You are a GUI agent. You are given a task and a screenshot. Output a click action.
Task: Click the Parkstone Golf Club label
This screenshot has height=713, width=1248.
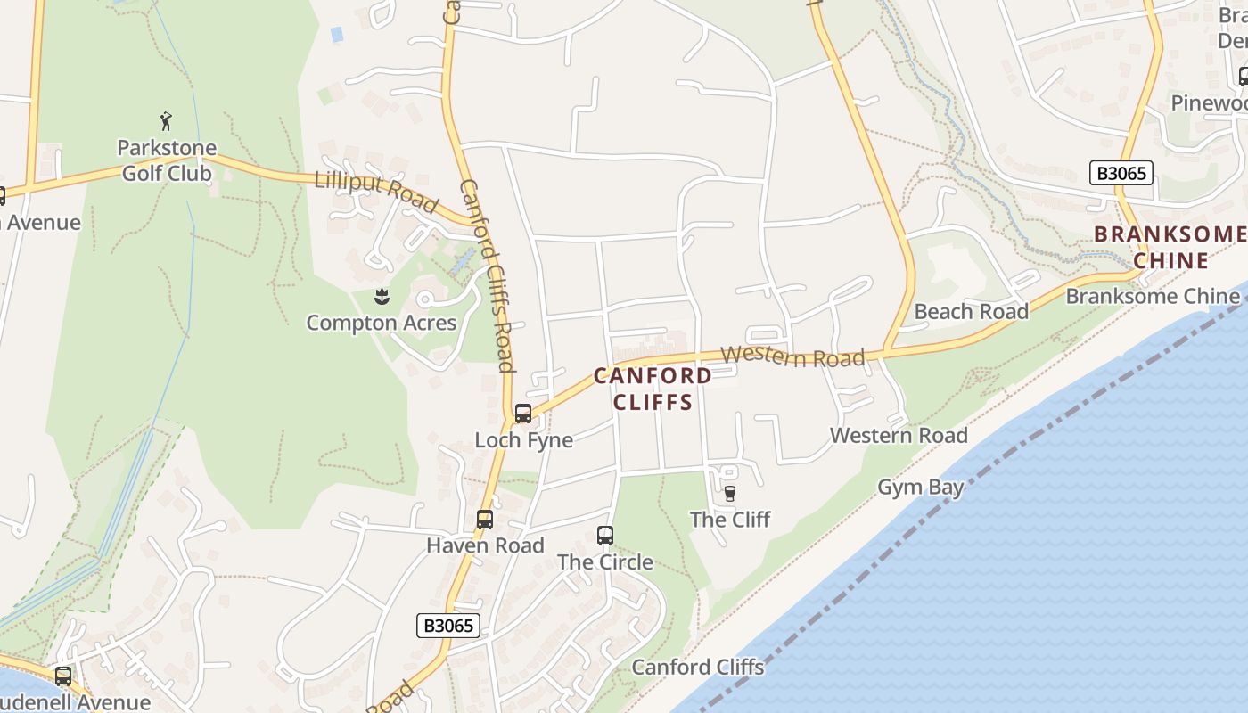tap(167, 160)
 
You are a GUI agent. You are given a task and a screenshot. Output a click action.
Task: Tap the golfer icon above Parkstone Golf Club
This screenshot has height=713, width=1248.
tap(166, 120)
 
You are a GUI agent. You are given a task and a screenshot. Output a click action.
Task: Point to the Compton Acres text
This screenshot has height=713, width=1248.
tap(382, 323)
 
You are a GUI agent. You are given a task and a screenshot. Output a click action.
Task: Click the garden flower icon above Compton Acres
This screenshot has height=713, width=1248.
tap(382, 295)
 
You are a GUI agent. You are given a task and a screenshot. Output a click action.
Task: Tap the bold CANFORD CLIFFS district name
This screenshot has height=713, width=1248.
tap(653, 389)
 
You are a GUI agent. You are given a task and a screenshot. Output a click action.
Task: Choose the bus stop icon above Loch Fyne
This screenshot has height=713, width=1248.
tap(523, 414)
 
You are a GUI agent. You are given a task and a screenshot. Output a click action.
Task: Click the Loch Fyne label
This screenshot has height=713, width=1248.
tap(523, 440)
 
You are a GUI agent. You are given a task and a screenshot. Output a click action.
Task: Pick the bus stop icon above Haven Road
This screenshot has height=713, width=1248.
tap(485, 519)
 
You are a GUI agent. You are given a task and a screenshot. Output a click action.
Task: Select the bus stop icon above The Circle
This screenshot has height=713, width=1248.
tap(605, 536)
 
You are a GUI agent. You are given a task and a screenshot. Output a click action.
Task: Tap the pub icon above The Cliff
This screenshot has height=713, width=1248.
tap(730, 493)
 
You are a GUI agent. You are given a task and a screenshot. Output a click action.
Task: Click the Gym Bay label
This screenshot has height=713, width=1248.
tap(921, 488)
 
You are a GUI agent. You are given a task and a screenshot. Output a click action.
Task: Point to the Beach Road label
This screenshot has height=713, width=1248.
tap(971, 312)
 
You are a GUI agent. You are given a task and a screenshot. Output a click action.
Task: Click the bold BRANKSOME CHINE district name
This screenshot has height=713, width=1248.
tap(1170, 247)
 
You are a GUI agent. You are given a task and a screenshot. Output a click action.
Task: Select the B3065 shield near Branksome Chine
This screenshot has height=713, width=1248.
tap(1121, 173)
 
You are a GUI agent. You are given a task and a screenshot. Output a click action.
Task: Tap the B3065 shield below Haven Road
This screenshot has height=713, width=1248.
tap(448, 626)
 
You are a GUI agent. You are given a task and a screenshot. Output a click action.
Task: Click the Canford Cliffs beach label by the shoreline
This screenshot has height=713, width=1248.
tap(698, 667)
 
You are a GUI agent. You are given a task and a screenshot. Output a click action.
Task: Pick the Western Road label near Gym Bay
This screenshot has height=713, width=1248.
tap(899, 436)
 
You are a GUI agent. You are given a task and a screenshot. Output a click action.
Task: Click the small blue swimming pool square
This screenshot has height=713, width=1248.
tap(336, 34)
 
